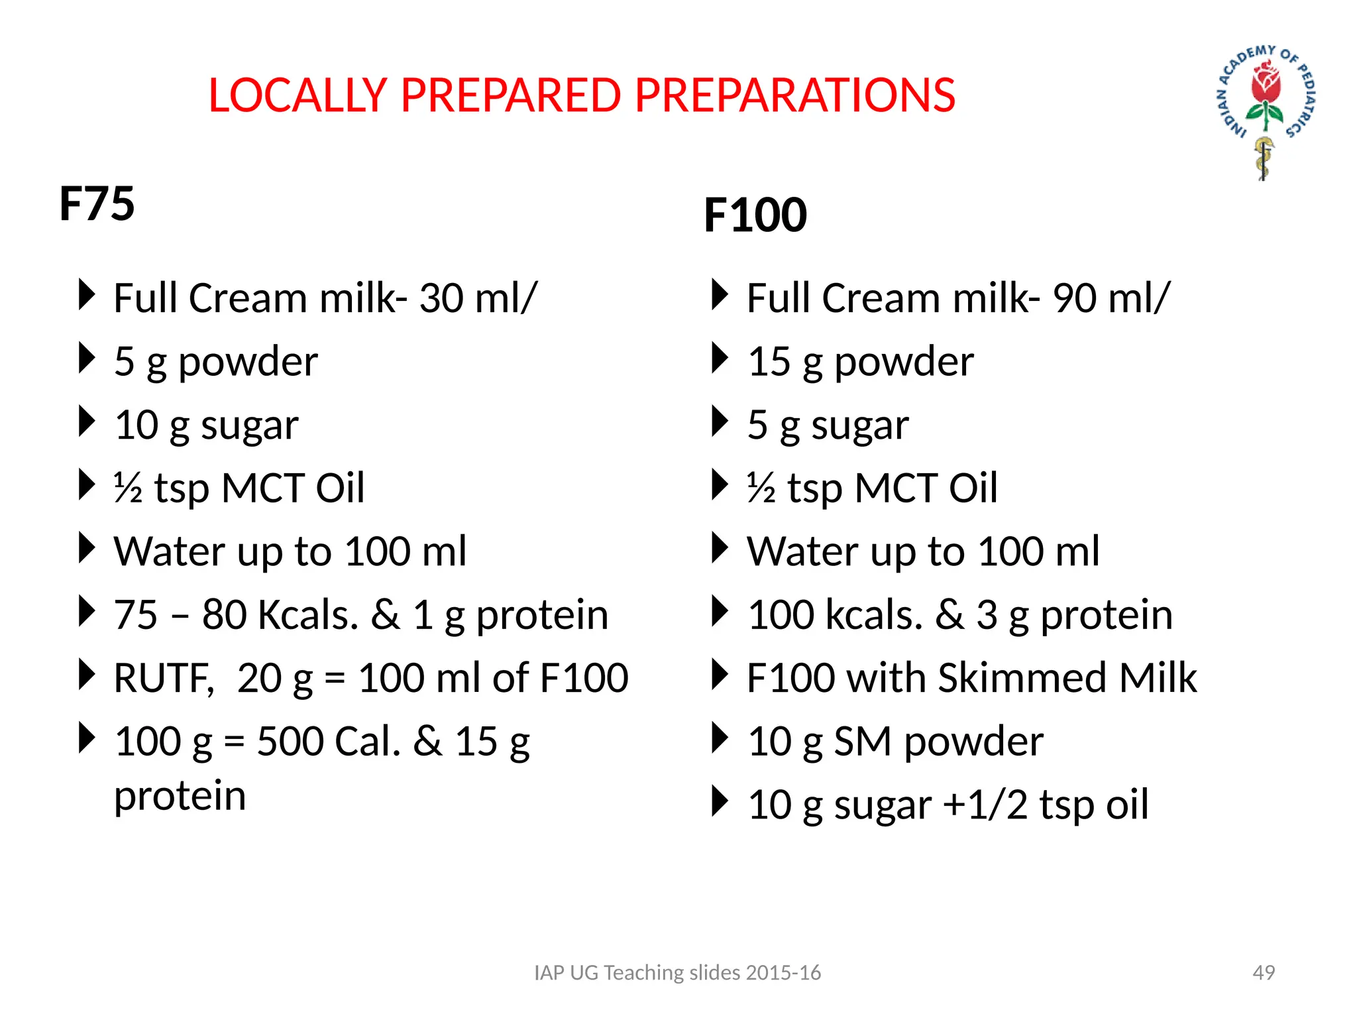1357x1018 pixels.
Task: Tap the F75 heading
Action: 97,203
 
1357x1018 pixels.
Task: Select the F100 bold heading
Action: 755,215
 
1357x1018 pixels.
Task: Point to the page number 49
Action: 1264,972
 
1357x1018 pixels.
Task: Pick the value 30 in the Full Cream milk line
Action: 441,298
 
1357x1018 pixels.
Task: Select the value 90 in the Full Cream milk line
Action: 1075,298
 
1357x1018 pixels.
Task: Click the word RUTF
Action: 163,678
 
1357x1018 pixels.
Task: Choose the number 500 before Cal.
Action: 290,741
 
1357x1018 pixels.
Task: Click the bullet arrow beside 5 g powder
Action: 87,359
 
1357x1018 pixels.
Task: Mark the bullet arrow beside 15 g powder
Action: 720,359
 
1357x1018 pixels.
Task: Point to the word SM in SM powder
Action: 862,741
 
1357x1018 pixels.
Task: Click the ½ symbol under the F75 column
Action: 128,488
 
